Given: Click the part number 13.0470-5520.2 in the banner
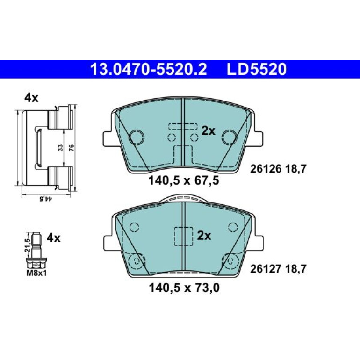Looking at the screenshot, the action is pyautogui.click(x=148, y=69).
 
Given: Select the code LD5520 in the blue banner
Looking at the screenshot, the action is pyautogui.click(x=257, y=69).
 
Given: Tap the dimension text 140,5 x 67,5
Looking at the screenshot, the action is pyautogui.click(x=184, y=180).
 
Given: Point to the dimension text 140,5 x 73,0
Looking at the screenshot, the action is pyautogui.click(x=184, y=288).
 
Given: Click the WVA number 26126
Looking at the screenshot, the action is pyautogui.click(x=266, y=169).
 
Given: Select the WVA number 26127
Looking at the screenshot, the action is pyautogui.click(x=266, y=269).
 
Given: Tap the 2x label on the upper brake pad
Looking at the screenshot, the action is pyautogui.click(x=208, y=131).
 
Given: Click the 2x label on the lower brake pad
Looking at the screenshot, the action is pyautogui.click(x=204, y=236).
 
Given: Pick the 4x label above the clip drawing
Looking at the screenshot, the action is pyautogui.click(x=31, y=98).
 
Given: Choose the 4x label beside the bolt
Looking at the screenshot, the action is pyautogui.click(x=53, y=238).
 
